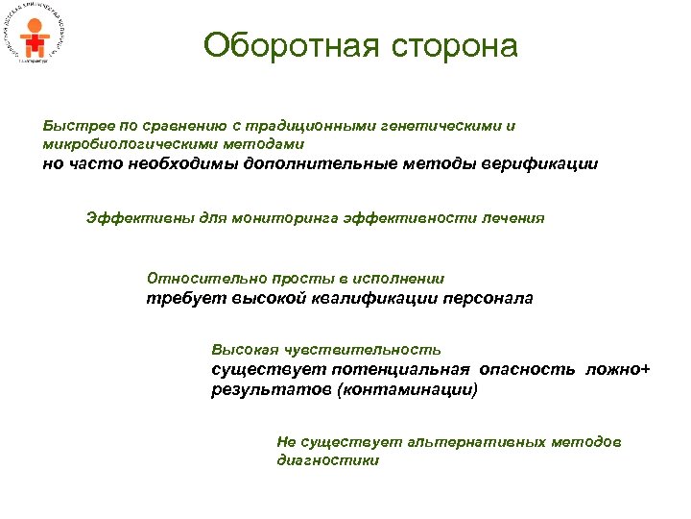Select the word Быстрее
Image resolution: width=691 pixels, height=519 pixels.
[74, 126]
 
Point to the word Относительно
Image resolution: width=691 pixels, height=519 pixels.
[197, 278]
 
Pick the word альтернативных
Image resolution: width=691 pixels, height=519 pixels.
[485, 441]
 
